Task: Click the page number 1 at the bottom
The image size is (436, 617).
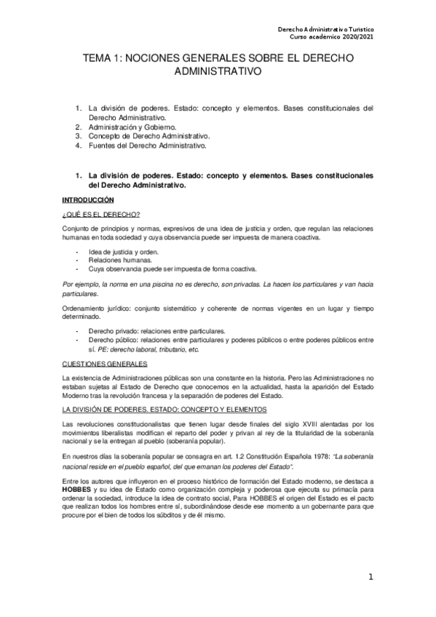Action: point(370,578)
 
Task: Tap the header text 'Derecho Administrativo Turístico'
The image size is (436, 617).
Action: point(326,29)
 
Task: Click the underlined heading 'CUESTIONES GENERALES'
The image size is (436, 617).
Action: point(105,363)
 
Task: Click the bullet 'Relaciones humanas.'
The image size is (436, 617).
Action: point(120,259)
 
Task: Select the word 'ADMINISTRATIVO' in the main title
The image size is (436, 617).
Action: point(218,73)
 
